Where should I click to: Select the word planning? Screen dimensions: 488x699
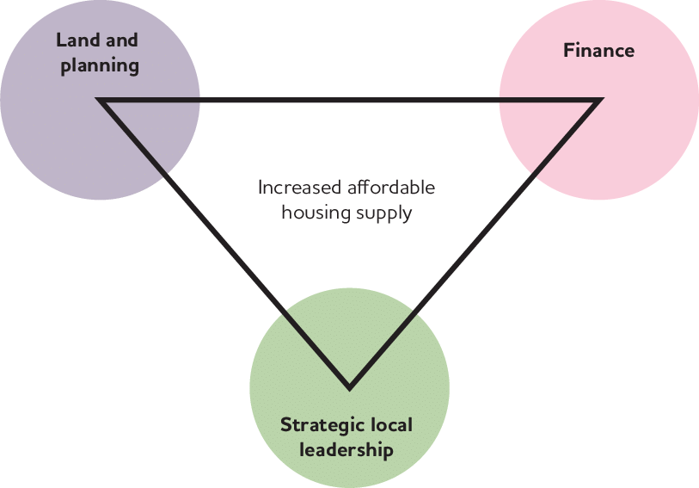[x=100, y=66]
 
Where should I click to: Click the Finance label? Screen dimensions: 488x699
[x=598, y=50]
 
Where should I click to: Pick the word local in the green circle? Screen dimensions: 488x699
[x=392, y=425]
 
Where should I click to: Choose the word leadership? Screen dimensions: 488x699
[x=348, y=450]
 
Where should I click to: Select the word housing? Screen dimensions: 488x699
[x=313, y=213]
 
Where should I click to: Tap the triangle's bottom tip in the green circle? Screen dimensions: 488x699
[x=349, y=385]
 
